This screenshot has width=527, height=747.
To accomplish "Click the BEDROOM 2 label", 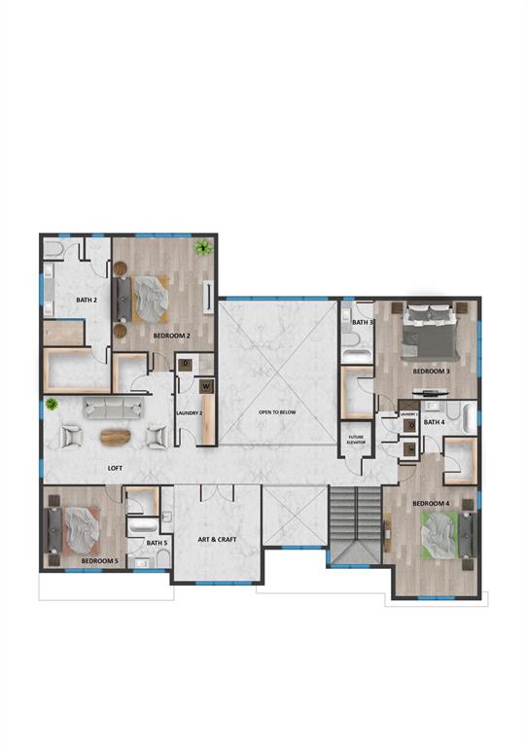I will [171, 336].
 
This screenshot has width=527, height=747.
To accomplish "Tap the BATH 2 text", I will [87, 300].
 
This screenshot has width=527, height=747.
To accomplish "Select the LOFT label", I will [115, 468].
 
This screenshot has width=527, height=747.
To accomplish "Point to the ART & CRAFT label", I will [218, 538].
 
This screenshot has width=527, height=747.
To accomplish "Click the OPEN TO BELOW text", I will [277, 412].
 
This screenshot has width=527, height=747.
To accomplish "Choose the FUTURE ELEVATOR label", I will [355, 439].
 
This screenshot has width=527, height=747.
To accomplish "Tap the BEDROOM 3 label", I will [431, 371].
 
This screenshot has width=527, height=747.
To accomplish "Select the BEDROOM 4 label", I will [430, 503].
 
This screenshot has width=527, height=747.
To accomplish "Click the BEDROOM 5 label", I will [99, 561].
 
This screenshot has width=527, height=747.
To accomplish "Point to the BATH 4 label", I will [434, 422].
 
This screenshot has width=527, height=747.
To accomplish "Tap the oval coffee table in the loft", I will [114, 436].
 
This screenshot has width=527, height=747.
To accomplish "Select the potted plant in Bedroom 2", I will [202, 247].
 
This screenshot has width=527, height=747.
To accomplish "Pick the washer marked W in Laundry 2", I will [206, 386].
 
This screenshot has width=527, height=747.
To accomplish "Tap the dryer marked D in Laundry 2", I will [186, 365].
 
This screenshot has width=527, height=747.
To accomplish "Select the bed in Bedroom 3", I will [429, 327].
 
